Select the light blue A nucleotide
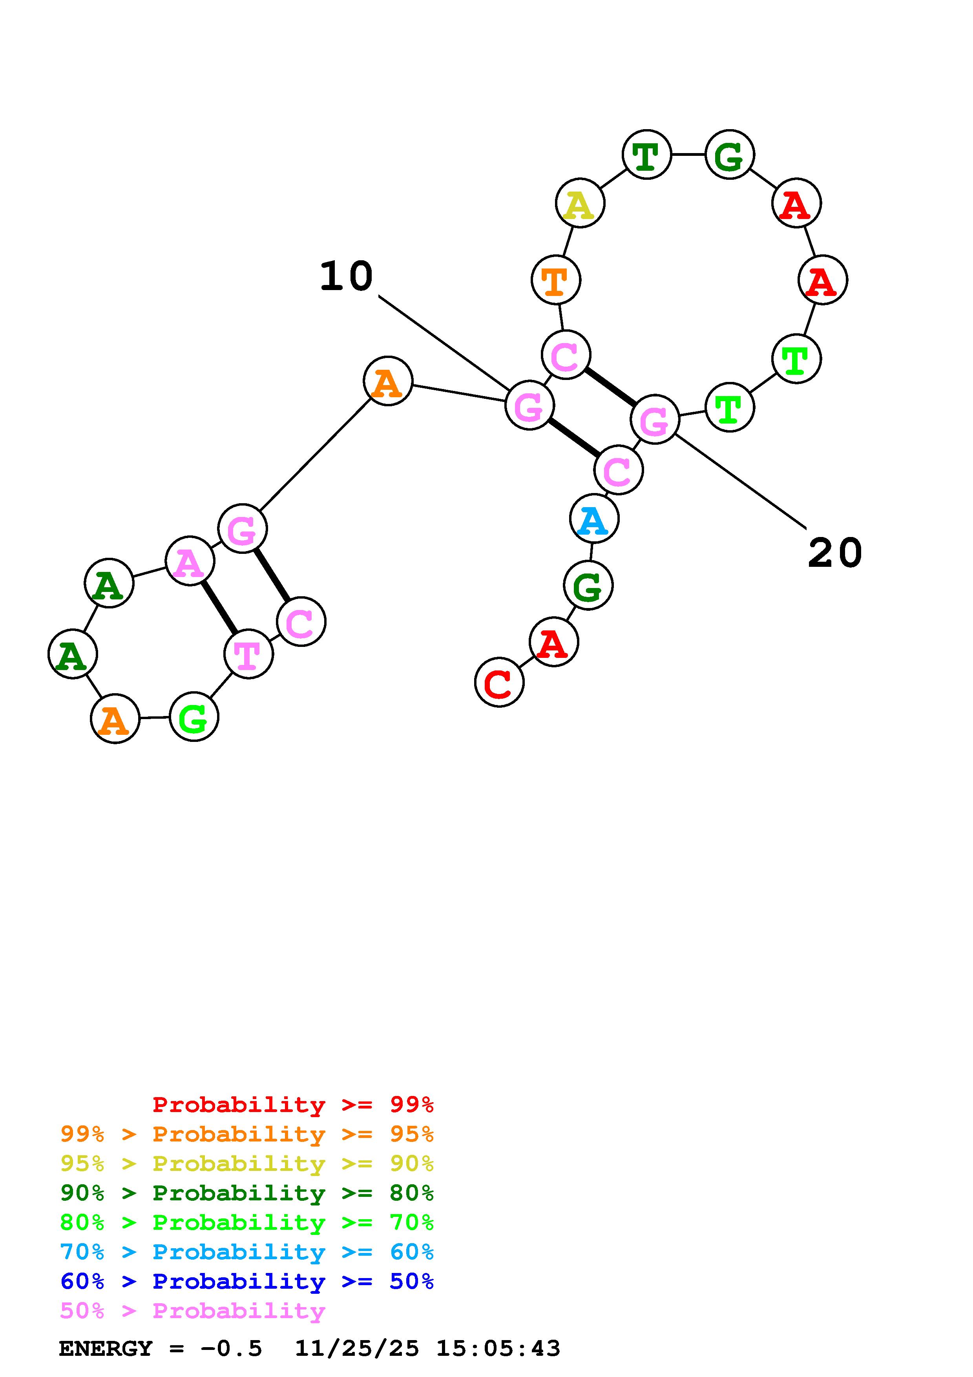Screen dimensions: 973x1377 (x=593, y=519)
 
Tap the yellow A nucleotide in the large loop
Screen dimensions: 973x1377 (x=580, y=203)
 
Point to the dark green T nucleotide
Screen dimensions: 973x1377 (x=646, y=155)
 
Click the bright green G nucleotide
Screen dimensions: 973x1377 (x=194, y=717)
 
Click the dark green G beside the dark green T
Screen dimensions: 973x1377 (x=729, y=155)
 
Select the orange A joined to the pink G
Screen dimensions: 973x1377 (x=388, y=382)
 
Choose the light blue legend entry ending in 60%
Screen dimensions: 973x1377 (x=246, y=1252)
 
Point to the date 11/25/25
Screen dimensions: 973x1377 (x=357, y=1348)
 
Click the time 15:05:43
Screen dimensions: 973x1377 (x=498, y=1348)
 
